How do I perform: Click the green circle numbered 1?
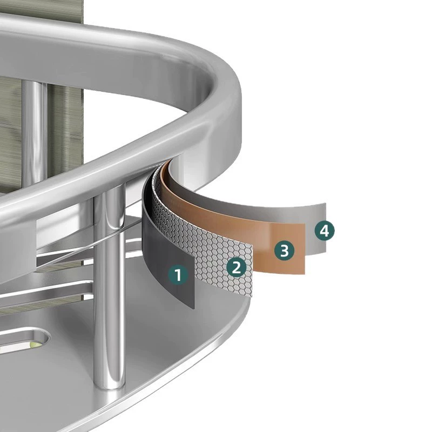click(179, 275)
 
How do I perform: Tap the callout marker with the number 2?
click(237, 267)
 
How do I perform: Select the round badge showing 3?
click(285, 251)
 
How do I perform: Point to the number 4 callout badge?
click(325, 231)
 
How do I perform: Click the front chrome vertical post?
click(110, 289)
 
